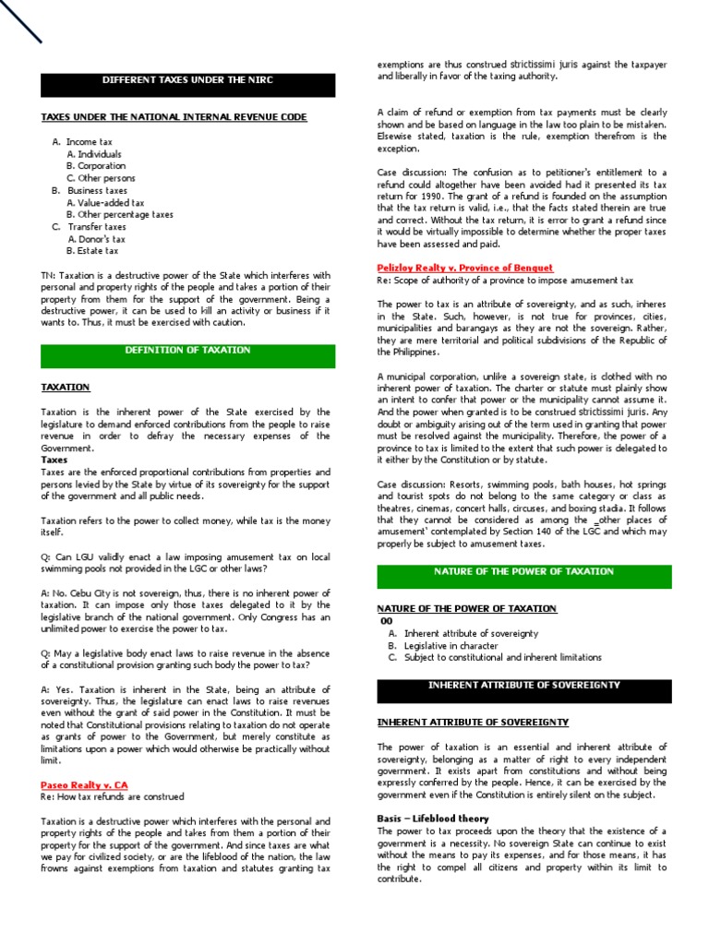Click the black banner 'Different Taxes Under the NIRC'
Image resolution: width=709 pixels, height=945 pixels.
coord(187,80)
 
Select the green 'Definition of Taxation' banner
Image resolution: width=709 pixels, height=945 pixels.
coord(187,351)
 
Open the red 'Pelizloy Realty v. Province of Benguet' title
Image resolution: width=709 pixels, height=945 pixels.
coord(465,268)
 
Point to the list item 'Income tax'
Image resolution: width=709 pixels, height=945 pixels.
coord(90,142)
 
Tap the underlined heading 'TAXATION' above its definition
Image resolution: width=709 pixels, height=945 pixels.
coord(66,388)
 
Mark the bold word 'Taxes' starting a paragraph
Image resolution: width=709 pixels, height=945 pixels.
coord(54,460)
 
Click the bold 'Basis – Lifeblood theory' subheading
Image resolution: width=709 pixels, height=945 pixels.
coord(433,819)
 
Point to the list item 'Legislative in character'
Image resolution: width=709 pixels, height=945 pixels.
coord(451,646)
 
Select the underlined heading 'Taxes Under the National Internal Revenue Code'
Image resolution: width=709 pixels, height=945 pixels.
coord(174,117)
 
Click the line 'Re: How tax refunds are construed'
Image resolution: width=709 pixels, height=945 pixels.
coord(113,796)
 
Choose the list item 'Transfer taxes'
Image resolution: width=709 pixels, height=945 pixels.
coord(96,226)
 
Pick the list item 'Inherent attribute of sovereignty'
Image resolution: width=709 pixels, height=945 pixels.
coord(471,634)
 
